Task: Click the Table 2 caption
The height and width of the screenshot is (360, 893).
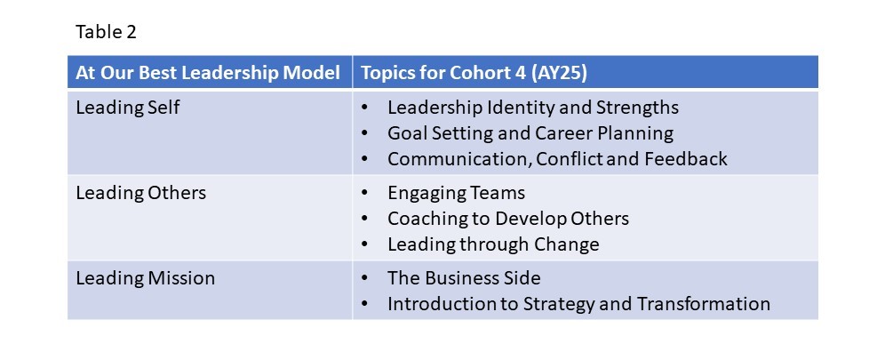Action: tap(106, 32)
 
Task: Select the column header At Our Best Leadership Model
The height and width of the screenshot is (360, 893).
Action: tap(208, 73)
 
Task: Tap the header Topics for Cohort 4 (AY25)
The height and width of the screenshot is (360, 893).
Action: tap(474, 73)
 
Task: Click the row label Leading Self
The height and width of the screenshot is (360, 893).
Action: tap(128, 107)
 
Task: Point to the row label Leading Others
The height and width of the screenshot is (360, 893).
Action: tap(140, 193)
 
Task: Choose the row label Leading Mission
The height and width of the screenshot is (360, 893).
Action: tap(145, 278)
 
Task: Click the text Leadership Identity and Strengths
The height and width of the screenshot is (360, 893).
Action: tap(533, 107)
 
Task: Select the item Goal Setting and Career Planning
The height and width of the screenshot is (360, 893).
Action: tap(530, 133)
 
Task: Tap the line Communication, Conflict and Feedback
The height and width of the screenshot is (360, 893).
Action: tap(557, 159)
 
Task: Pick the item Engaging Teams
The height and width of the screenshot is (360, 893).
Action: tap(456, 193)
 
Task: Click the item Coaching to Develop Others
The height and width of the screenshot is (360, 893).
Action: tap(508, 219)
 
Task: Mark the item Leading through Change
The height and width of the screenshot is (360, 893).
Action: tap(493, 244)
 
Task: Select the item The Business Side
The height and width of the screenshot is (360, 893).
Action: tap(464, 278)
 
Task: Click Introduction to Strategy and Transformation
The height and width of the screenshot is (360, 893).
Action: tap(578, 304)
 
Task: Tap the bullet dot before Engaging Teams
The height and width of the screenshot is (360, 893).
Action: tap(364, 193)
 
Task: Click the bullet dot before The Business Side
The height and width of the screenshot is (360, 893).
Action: tap(364, 278)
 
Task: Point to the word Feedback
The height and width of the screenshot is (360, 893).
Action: tap(686, 158)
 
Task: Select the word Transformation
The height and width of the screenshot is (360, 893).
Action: tap(704, 303)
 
